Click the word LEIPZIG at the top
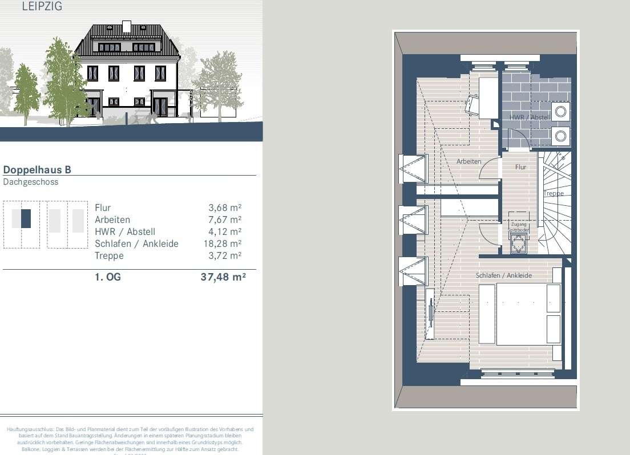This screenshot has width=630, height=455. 42,7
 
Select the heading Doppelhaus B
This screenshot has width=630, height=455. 37,169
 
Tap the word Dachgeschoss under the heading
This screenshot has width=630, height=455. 31,182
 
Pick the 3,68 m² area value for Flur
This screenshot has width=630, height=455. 225,208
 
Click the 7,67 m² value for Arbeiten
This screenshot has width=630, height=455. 225,220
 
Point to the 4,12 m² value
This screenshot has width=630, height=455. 225,231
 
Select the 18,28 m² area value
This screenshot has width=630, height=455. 222,243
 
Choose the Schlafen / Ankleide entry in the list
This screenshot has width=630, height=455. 136,243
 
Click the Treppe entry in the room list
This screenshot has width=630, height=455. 109,255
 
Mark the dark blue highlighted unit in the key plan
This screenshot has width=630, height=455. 26,219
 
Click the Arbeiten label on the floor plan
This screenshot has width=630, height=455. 469,161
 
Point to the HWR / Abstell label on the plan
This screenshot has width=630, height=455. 530,117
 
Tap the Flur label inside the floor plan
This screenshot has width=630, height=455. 520,167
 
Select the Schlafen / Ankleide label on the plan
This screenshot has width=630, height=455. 503,275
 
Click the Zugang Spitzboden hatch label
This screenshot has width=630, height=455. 519,227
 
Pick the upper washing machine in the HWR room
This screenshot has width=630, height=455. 561,112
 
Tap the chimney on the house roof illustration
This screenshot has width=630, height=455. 126,26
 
